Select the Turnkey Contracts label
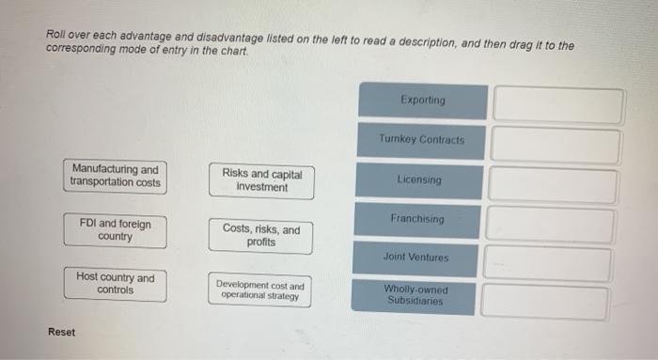(x=421, y=140)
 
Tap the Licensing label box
(x=419, y=180)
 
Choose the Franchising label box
(x=417, y=220)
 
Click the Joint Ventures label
(x=415, y=258)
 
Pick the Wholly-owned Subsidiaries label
(x=415, y=295)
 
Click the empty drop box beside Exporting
(x=557, y=105)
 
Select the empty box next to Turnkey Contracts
(x=556, y=146)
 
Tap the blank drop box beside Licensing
(x=553, y=186)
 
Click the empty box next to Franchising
(x=551, y=226)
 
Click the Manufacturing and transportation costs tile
(x=115, y=177)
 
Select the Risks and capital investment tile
(x=261, y=180)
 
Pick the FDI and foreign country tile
(x=115, y=230)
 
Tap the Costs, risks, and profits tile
(x=261, y=235)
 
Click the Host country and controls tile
(x=115, y=284)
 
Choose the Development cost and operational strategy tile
(x=260, y=290)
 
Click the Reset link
(x=61, y=332)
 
